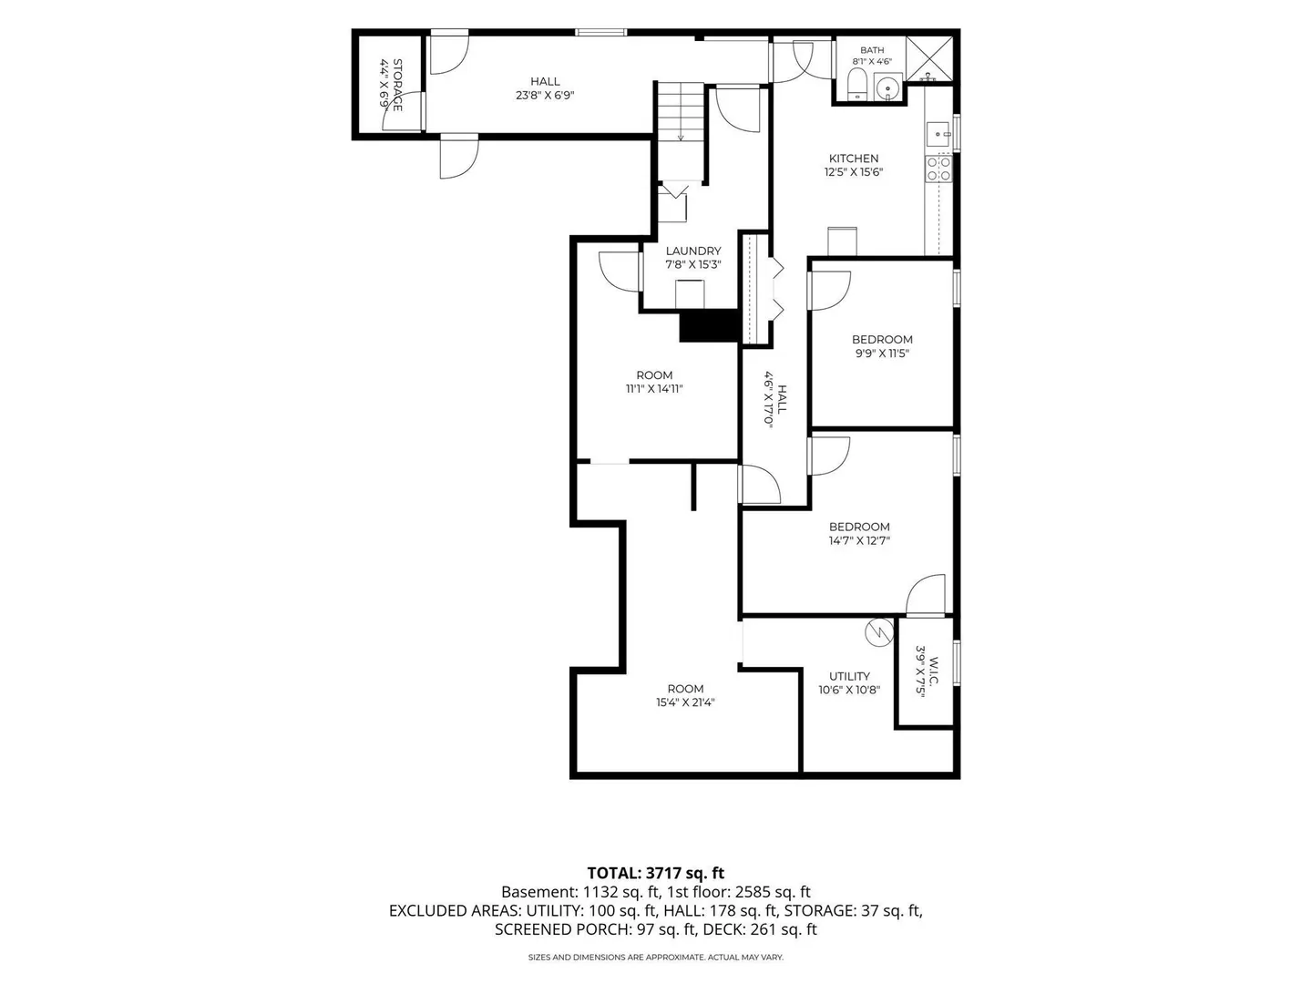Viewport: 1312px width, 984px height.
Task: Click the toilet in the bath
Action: [x=857, y=84]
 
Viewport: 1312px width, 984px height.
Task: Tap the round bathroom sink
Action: [x=887, y=87]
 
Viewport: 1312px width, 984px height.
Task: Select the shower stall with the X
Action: [x=928, y=58]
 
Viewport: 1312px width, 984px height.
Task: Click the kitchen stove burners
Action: [x=938, y=169]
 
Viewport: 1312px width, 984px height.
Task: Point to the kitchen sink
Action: [x=938, y=134]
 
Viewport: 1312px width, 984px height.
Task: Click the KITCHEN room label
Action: [x=853, y=159]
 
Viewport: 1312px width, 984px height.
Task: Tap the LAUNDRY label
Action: [x=692, y=251]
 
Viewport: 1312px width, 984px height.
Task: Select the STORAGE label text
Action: [x=397, y=85]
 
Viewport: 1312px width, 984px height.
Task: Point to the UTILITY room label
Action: [x=849, y=676]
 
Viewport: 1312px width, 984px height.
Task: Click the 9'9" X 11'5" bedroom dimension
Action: [x=882, y=354]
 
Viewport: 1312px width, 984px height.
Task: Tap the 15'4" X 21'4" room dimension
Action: [x=685, y=702]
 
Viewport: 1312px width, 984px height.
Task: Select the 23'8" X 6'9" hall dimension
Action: [x=545, y=95]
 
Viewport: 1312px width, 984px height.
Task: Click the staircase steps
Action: [x=681, y=112]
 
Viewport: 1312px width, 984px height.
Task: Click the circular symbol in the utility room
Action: [x=879, y=631]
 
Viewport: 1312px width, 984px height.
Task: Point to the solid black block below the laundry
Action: [x=710, y=325]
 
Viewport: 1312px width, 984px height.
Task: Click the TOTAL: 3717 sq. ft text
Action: [x=656, y=874]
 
